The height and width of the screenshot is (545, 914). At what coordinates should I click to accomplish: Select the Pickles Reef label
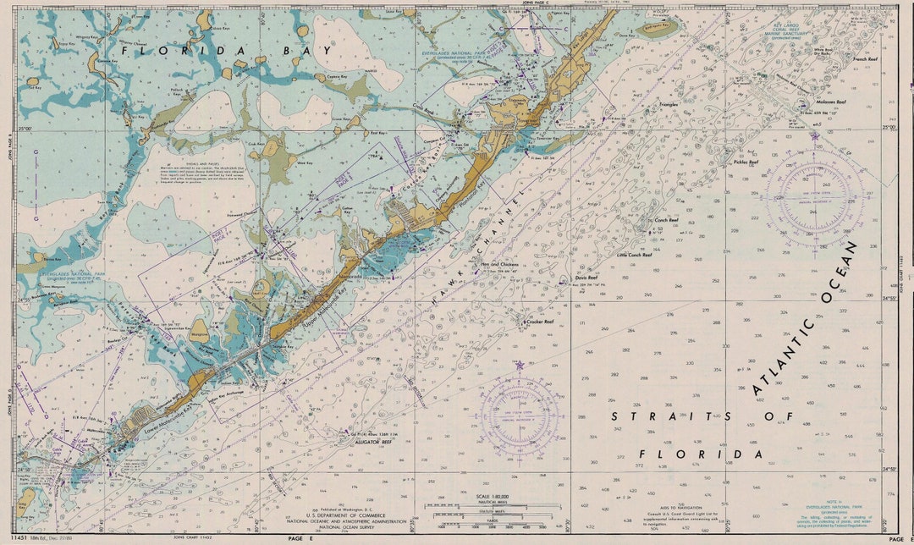pos(746,162)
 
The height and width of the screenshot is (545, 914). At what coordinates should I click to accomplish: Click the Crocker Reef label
pos(539,322)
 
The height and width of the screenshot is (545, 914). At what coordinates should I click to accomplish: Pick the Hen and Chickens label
pos(498,265)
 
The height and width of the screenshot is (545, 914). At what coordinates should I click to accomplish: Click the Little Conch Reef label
pos(634,254)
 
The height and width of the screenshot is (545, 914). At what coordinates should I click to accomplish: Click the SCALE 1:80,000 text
pos(494,494)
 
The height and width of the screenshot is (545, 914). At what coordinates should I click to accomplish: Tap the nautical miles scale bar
pos(494,505)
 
